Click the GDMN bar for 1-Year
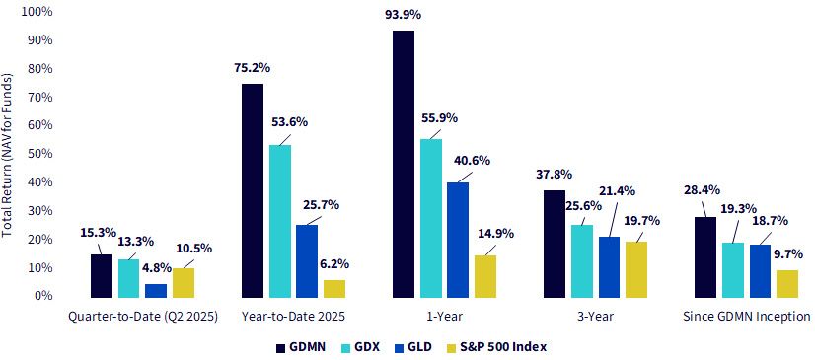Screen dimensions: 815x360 [404, 164]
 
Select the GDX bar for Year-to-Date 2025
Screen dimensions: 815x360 [280, 221]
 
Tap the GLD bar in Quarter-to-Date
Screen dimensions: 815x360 [156, 291]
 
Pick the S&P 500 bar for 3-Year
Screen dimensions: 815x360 [635, 269]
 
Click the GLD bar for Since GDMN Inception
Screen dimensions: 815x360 [760, 271]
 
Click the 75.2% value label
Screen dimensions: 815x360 [253, 68]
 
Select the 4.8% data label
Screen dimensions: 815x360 [156, 269]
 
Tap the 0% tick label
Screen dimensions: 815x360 [44, 296]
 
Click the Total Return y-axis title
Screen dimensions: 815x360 [7, 155]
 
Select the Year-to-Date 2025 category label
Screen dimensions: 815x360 [294, 316]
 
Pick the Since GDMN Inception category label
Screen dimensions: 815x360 [746, 316]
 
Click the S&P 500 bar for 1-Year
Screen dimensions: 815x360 [485, 277]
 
